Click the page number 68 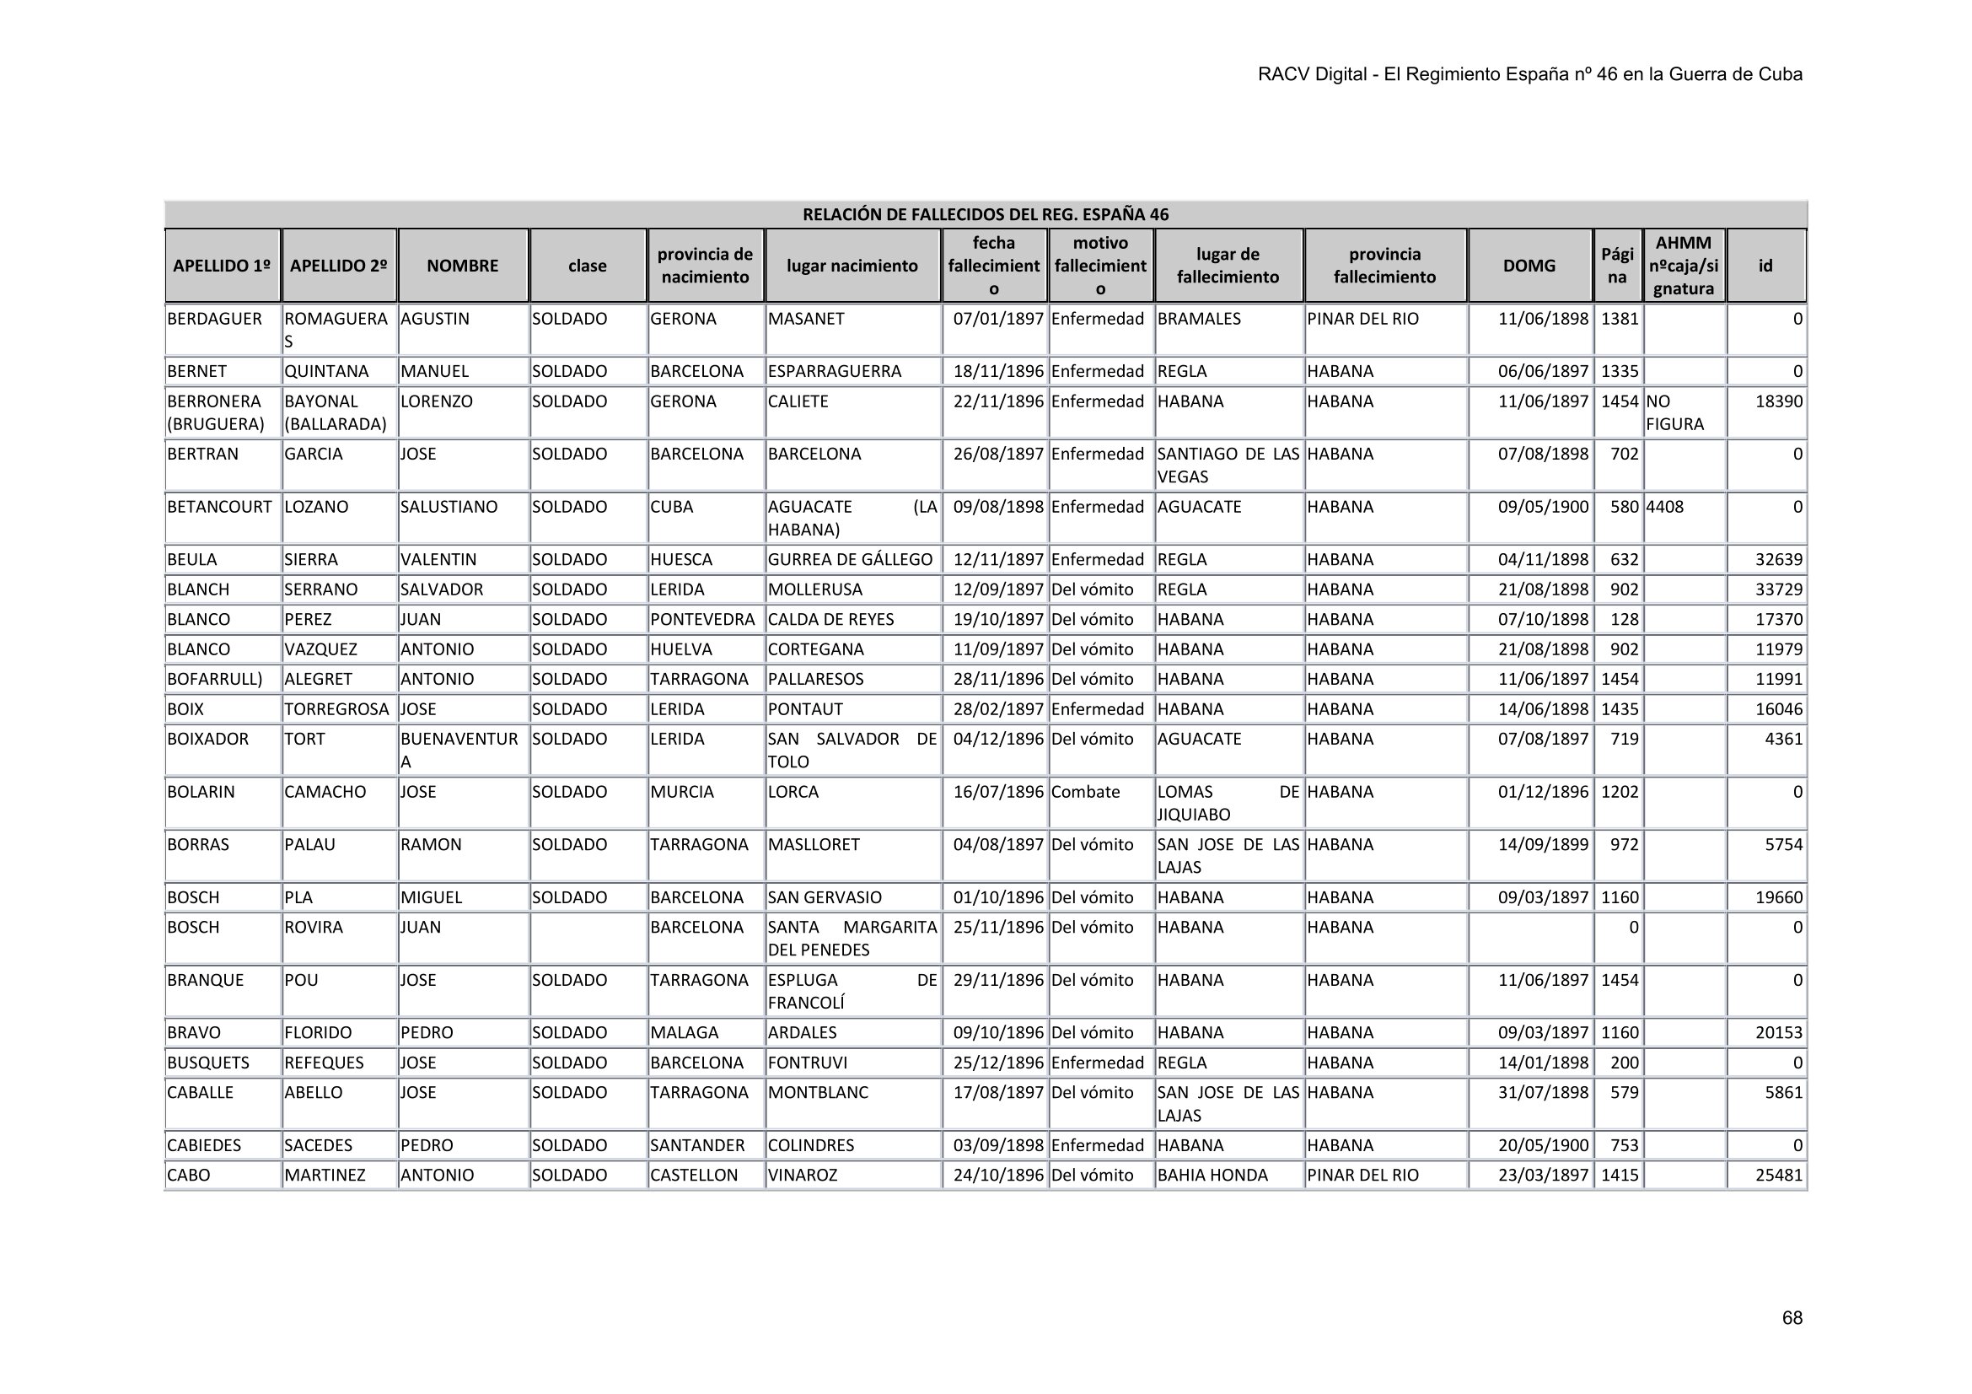pos(1792,1318)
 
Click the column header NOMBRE pos(462,266)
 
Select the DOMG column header pos(1529,266)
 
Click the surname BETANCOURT pos(219,507)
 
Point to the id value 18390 pos(1779,401)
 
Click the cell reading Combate pos(1085,792)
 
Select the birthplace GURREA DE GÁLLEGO pos(850,559)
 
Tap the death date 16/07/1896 pos(998,792)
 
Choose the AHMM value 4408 pos(1664,507)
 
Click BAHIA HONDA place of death pos(1212,1175)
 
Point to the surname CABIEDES pos(204,1145)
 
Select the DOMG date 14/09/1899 pos(1543,844)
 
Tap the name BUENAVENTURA pos(459,749)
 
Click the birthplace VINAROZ pos(802,1175)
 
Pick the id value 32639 pos(1779,559)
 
